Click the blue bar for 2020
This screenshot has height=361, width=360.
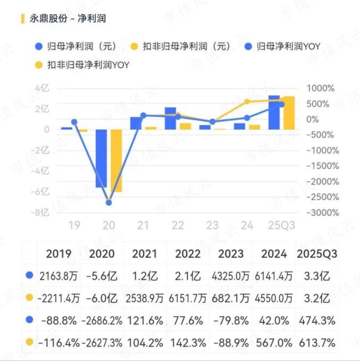click(101, 159)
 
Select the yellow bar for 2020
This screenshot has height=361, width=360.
click(116, 161)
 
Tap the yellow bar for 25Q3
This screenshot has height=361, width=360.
click(289, 113)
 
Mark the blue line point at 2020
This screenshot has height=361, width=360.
click(109, 203)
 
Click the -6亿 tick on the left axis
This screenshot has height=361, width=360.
click(42, 192)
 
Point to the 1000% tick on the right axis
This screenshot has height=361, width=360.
click(321, 88)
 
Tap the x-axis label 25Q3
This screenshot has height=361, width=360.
click(281, 225)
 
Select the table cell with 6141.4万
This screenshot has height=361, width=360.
click(273, 275)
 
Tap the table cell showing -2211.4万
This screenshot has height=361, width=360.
click(59, 298)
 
